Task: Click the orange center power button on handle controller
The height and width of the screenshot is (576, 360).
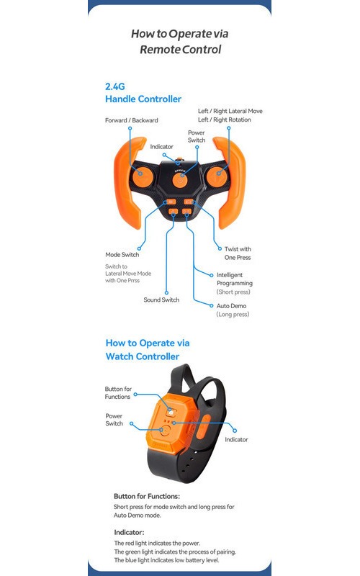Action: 180,181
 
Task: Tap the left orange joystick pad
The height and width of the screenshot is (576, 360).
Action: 142,177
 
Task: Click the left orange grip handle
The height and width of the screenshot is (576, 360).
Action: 129,183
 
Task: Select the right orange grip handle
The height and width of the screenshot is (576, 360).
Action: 230,183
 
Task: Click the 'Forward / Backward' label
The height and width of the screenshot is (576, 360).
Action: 132,120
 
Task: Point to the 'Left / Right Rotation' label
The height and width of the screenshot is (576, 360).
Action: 225,120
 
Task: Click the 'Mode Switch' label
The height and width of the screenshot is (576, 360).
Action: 122,255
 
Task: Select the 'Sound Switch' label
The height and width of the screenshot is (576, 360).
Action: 161,300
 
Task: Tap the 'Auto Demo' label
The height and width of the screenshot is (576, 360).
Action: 231,305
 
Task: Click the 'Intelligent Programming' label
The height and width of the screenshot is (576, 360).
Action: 235,279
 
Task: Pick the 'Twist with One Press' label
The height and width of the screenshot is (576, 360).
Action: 238,253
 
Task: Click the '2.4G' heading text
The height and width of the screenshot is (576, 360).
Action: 115,86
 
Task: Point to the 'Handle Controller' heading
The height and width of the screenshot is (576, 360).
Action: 143,99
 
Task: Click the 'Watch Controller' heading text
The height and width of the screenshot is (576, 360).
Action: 143,356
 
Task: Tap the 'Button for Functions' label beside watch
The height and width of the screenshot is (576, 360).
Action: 118,392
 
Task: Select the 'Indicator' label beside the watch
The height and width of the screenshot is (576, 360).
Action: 237,439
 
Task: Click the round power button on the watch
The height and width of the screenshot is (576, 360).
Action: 165,431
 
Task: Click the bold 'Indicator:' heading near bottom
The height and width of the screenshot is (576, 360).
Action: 129,532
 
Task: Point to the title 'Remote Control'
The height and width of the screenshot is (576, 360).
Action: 181,49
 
